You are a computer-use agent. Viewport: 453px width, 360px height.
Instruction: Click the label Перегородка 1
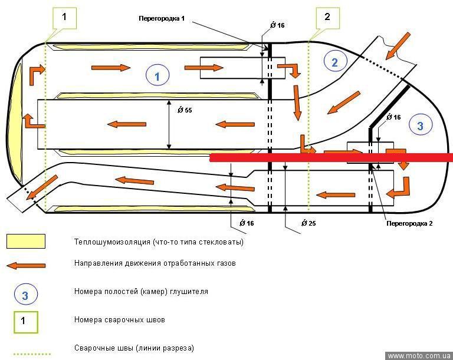162,18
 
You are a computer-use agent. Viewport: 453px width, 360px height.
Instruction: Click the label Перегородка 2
409,223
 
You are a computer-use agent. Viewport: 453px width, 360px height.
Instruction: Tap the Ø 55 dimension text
185,110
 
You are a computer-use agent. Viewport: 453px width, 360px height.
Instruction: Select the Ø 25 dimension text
308,223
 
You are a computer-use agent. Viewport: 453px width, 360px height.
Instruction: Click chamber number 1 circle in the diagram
157,75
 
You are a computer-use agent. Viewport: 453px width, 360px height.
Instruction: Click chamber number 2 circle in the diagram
335,62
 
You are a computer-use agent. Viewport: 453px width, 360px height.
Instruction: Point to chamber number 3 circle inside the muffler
421,125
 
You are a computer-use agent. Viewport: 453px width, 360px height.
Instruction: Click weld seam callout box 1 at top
64,18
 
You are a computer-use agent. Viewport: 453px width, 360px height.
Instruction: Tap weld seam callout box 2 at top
327,18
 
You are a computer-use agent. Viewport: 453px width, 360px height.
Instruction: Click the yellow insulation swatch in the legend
26,242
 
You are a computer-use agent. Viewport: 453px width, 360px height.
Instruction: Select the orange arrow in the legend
26,266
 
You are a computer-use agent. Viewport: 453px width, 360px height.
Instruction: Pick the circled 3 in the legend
26,295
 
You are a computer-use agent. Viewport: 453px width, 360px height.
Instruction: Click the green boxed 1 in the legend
26,322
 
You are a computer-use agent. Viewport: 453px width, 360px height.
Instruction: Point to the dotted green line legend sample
31,354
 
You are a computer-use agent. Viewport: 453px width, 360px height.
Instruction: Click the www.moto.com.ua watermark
419,356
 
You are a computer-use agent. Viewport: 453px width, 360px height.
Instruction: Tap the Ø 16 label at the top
277,25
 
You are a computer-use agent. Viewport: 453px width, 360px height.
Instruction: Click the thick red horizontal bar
331,158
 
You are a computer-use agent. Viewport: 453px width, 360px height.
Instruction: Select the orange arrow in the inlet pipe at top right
398,46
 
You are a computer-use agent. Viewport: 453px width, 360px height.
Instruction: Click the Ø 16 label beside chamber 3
394,117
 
